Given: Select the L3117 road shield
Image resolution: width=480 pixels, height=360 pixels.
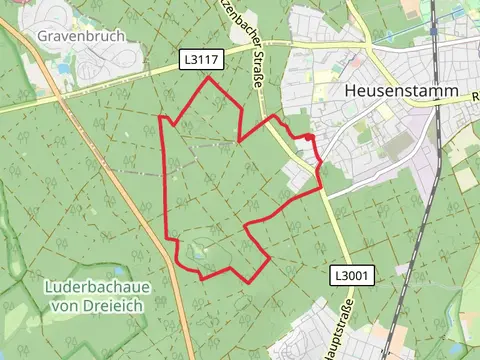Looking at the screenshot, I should pyautogui.click(x=201, y=61).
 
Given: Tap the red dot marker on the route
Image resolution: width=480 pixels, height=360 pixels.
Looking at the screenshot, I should pyautogui.click(x=310, y=137).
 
